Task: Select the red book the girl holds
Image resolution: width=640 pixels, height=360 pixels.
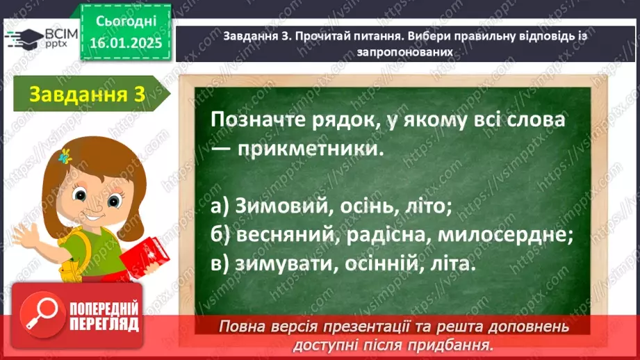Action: (x=143, y=256)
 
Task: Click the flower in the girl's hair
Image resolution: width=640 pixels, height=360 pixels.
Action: (x=66, y=156)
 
